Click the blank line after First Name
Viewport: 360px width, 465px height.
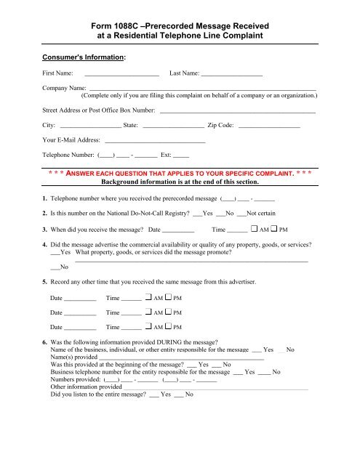[121, 76]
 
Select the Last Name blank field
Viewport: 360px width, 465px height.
[232, 76]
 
